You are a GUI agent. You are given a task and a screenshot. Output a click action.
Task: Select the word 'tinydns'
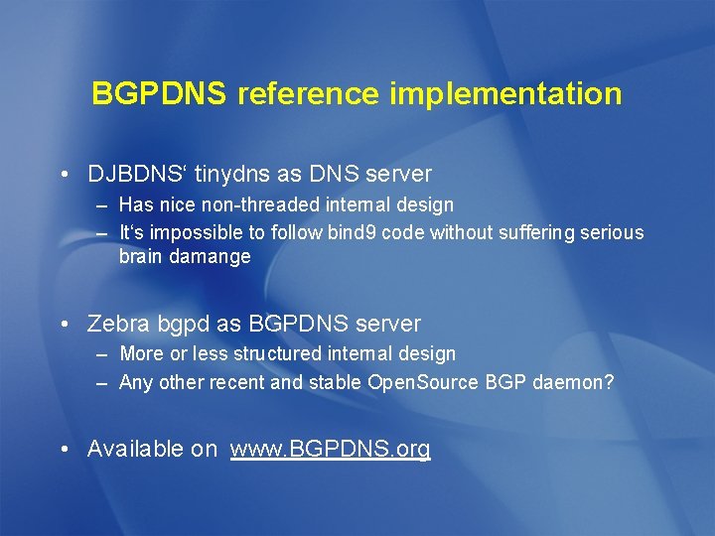[233, 175]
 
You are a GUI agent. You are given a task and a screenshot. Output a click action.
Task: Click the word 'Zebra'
[116, 324]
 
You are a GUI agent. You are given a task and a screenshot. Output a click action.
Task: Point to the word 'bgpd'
[176, 324]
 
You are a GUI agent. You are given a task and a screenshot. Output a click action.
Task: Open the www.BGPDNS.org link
[330, 449]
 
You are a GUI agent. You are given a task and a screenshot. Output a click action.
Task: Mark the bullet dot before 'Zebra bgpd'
[64, 324]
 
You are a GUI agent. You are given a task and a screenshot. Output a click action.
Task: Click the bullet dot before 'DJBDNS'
[64, 175]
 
